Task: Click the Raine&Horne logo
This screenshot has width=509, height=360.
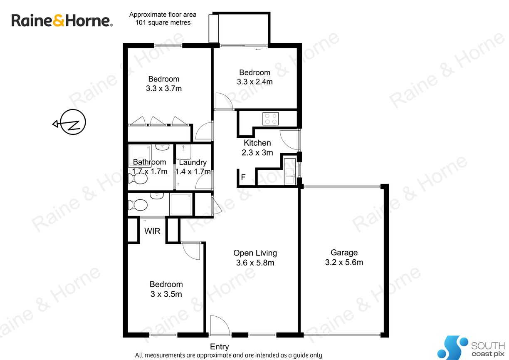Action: click(62, 20)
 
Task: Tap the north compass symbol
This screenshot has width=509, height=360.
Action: click(70, 122)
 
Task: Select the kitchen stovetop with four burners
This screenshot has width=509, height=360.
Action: click(270, 119)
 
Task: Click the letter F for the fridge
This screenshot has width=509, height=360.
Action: click(243, 177)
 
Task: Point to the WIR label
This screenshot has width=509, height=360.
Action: click(152, 231)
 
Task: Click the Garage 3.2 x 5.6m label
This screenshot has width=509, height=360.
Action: click(344, 257)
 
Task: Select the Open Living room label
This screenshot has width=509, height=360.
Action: click(255, 258)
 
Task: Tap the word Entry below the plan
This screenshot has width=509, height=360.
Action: click(219, 347)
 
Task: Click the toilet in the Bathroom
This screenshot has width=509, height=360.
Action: click(138, 179)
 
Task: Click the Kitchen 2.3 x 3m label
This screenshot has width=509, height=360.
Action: click(257, 148)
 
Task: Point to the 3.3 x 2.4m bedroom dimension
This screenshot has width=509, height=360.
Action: click(255, 82)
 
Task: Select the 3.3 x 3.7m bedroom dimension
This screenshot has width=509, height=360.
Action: click(164, 88)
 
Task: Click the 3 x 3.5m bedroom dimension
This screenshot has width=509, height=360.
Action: click(166, 294)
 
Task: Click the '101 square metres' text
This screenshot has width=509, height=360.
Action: click(163, 22)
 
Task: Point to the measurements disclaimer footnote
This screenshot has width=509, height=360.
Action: click(228, 355)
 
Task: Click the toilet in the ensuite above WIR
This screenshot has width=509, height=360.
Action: click(138, 205)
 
